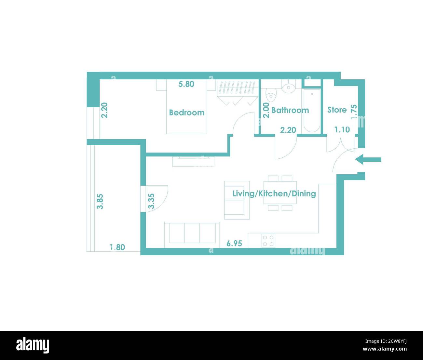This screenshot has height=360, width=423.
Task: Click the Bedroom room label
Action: point(187,113)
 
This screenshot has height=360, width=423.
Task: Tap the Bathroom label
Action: point(290,110)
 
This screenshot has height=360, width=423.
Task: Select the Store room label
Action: point(337,110)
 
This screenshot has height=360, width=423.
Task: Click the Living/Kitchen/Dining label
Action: point(274,193)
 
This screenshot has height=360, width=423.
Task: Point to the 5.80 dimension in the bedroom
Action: point(186,84)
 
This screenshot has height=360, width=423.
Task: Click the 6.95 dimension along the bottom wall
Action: point(234,243)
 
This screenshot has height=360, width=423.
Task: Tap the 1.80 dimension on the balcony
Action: point(117,247)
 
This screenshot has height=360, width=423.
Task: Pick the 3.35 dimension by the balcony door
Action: point(151,201)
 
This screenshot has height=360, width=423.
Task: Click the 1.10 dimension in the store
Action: point(342,130)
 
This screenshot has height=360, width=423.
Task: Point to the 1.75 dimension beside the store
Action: point(354,112)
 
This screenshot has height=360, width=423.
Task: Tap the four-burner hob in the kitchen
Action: point(268,241)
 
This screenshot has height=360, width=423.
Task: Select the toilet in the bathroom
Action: point(270,95)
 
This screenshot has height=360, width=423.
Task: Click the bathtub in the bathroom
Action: point(312,111)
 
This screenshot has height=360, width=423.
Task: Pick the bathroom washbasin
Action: point(288,87)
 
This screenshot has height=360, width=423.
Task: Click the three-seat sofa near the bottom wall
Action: point(192,233)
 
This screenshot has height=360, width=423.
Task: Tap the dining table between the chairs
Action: point(280,194)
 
